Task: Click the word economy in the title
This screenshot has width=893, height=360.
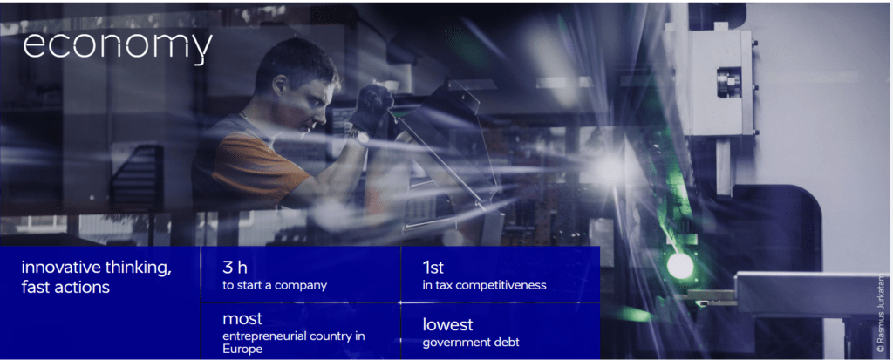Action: tap(118, 48)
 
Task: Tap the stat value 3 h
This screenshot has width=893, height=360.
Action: tap(235, 268)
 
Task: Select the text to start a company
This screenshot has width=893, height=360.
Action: tap(275, 285)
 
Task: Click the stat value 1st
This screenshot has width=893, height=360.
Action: tap(433, 268)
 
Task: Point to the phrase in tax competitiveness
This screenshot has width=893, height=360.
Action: tap(484, 285)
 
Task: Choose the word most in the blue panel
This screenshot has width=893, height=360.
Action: tap(242, 318)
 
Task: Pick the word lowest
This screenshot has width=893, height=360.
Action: tap(447, 324)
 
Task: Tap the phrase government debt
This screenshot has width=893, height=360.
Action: tap(470, 343)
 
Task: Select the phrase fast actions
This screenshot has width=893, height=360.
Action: tap(65, 288)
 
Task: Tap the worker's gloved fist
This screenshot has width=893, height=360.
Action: tap(371, 106)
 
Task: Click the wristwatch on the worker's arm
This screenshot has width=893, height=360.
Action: tap(360, 137)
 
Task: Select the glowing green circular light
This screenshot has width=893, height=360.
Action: tap(680, 266)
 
